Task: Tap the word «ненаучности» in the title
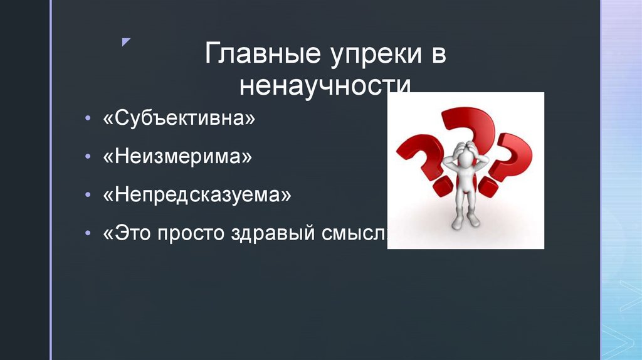(325, 85)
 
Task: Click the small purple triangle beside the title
(126, 42)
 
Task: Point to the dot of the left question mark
(443, 185)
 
